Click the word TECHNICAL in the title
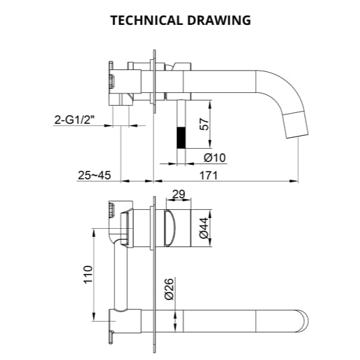tap(143, 20)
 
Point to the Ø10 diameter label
tap(213, 157)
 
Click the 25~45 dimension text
tap(94, 175)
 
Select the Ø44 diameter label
tap(203, 228)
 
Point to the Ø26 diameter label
tap(169, 289)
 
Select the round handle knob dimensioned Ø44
tap(178, 228)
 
